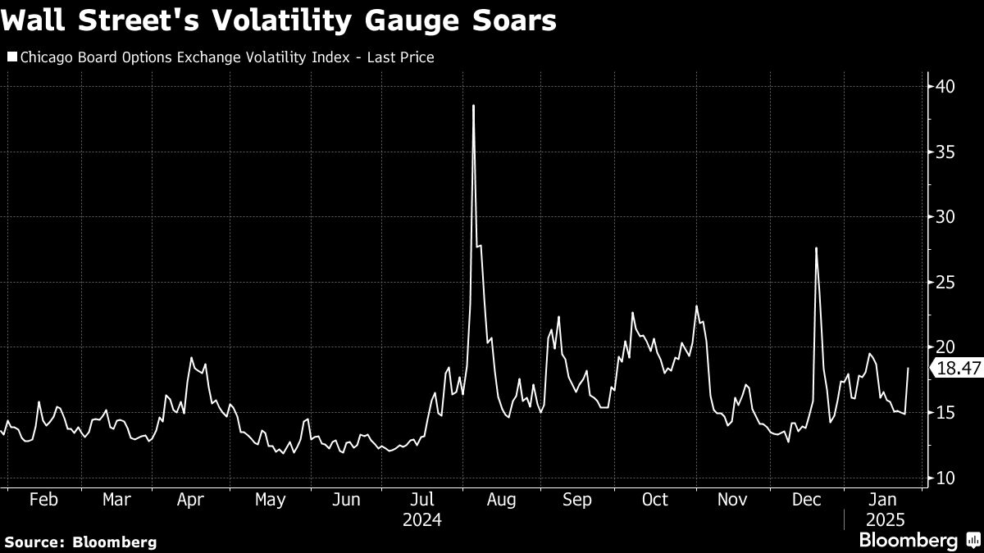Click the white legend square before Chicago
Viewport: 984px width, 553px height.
[x=11, y=57]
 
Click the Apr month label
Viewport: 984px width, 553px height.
[x=191, y=500]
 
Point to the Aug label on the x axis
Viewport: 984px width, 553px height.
[x=500, y=500]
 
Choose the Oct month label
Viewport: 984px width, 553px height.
[x=655, y=500]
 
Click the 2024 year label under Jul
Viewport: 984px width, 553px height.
[x=422, y=520]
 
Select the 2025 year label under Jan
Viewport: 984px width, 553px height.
[x=884, y=520]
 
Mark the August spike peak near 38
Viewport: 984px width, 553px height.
[x=474, y=106]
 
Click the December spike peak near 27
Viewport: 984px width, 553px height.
[x=817, y=248]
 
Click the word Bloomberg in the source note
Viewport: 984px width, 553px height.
[x=115, y=542]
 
